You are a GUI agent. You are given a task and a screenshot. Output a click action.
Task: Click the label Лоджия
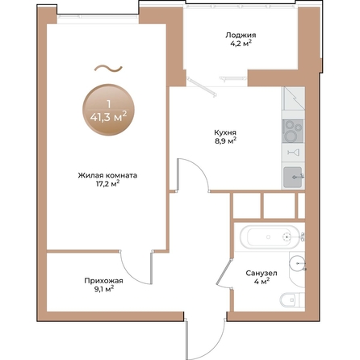pos(241,36)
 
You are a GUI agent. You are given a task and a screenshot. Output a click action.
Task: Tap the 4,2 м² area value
pos(241,45)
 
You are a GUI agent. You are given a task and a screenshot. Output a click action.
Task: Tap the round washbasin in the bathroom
pos(299,261)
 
